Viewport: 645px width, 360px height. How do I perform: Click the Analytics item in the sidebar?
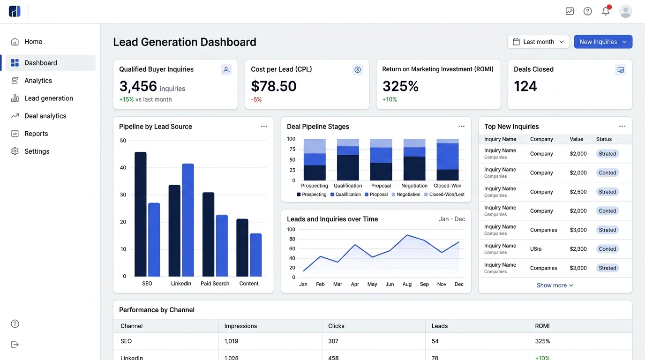point(38,81)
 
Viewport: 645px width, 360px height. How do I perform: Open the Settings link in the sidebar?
point(37,151)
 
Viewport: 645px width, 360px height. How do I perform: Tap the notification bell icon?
point(606,11)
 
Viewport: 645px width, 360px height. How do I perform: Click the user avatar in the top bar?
point(625,11)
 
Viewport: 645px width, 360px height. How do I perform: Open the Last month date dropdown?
point(538,42)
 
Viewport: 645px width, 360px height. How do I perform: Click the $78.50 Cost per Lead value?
point(274,86)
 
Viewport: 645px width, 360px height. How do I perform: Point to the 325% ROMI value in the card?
point(400,86)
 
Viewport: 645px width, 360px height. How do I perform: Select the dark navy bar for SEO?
point(141,214)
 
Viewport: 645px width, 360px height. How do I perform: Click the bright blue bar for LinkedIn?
point(188,220)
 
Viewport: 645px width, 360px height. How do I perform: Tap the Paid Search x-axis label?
point(215,284)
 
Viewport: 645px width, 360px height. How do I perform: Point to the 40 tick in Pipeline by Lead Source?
point(123,168)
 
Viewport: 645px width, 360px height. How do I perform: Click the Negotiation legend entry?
point(406,195)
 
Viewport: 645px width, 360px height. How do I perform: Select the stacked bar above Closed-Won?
point(448,159)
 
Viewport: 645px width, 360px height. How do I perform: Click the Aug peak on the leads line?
point(407,235)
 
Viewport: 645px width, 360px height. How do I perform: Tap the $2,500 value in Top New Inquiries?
point(578,192)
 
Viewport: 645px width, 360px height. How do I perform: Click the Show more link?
point(555,285)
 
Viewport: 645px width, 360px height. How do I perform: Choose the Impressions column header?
point(240,326)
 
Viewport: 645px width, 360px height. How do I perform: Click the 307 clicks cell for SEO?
point(333,341)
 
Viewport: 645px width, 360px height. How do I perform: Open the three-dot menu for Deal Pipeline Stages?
point(461,127)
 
